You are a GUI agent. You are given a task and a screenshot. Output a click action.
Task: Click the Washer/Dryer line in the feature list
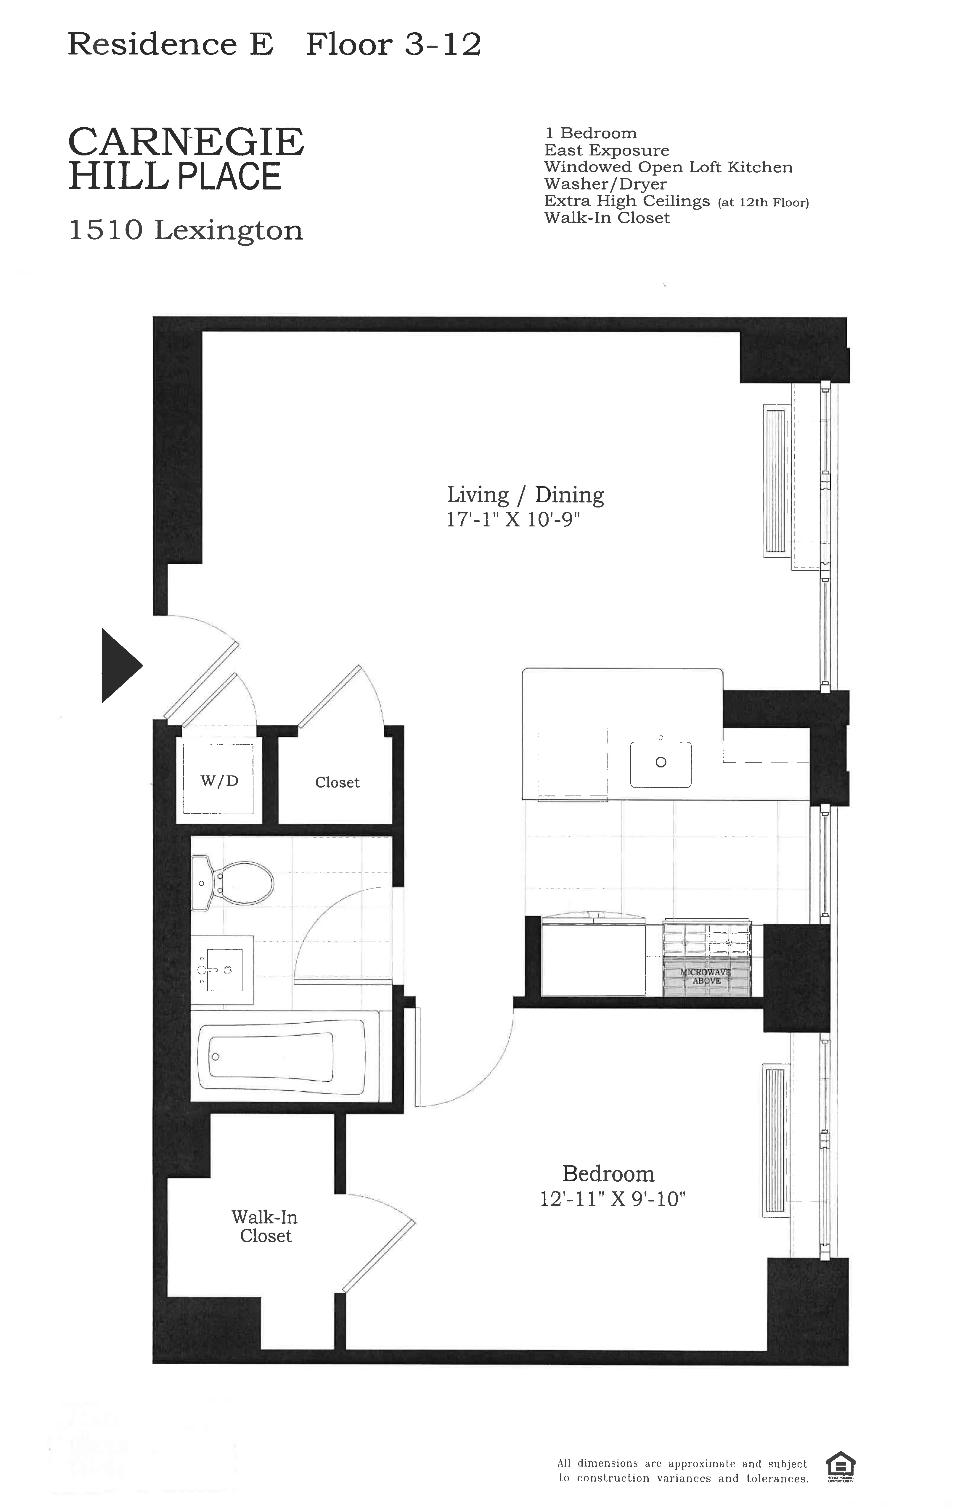click(605, 184)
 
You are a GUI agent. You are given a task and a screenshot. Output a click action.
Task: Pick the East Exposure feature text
click(607, 150)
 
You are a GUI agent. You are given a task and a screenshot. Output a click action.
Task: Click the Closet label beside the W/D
click(337, 782)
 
